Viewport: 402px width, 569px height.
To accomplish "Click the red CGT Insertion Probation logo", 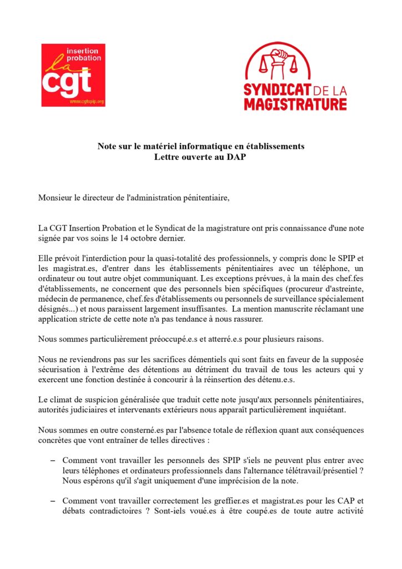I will pyautogui.click(x=73, y=75).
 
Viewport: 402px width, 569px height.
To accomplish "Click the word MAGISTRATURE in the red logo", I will pyautogui.click(x=295, y=103).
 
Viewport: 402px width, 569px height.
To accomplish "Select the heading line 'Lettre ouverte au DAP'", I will pyautogui.click(x=200, y=157).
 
